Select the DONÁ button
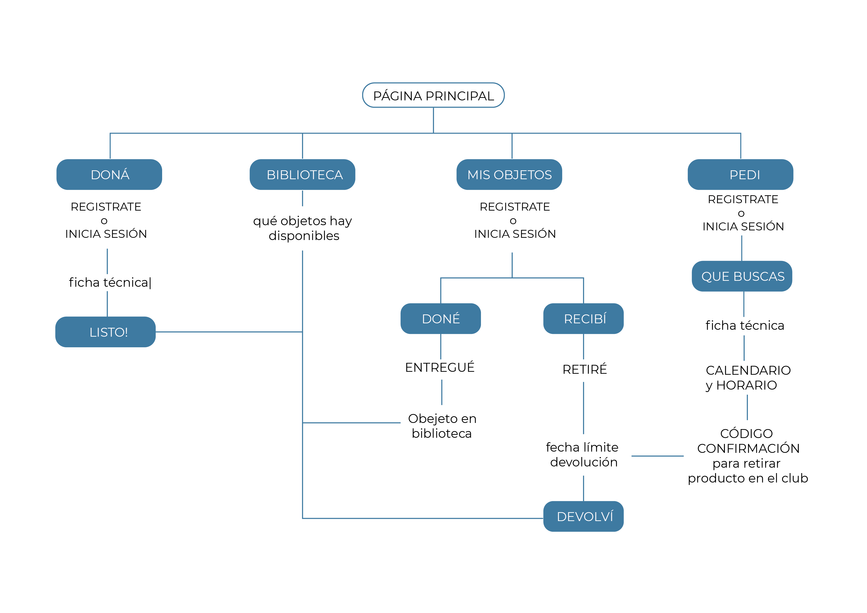point(109,175)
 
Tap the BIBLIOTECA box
point(303,175)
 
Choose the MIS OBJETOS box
point(509,175)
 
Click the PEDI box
point(740,175)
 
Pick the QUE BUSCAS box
point(742,276)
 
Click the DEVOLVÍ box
point(584,516)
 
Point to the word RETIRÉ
point(585,369)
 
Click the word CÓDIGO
point(747,434)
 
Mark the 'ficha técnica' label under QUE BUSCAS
point(745,326)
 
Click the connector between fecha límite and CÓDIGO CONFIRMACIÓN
point(657,456)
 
